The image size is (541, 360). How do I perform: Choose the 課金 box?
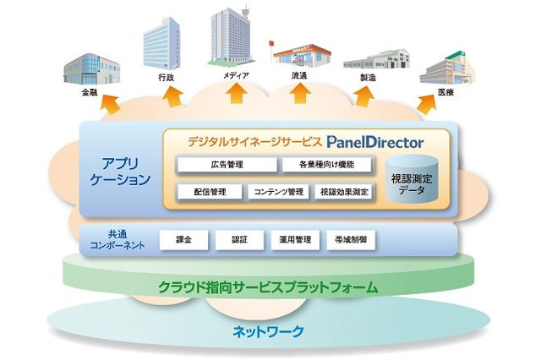coord(183,240)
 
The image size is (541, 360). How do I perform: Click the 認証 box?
coord(239,240)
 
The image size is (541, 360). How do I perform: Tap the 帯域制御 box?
coord(350,240)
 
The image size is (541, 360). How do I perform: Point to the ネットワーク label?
coord(269,331)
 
